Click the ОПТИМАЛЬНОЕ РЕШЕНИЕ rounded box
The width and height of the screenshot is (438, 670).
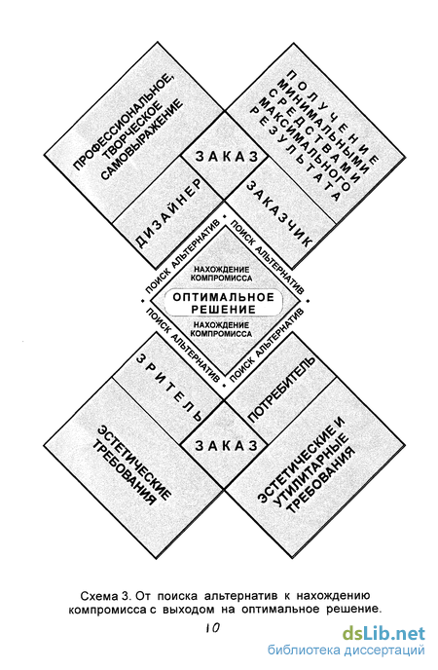(223, 303)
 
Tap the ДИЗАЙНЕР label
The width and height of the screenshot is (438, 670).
(167, 213)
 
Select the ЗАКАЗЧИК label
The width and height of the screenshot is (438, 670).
(279, 213)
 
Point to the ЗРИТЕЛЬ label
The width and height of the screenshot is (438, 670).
(168, 389)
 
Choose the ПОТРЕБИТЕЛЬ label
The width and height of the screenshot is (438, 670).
(281, 390)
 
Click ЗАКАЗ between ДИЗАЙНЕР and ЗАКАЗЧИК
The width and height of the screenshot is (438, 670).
(227, 157)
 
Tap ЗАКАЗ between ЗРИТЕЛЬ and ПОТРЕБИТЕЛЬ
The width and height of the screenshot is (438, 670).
(227, 446)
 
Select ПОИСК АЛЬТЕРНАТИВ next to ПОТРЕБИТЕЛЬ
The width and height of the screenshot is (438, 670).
(268, 345)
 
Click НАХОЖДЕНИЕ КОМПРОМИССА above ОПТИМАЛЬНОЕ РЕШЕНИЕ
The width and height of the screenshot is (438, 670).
(222, 274)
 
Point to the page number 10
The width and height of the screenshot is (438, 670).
(212, 628)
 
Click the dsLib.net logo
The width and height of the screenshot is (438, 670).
(383, 633)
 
